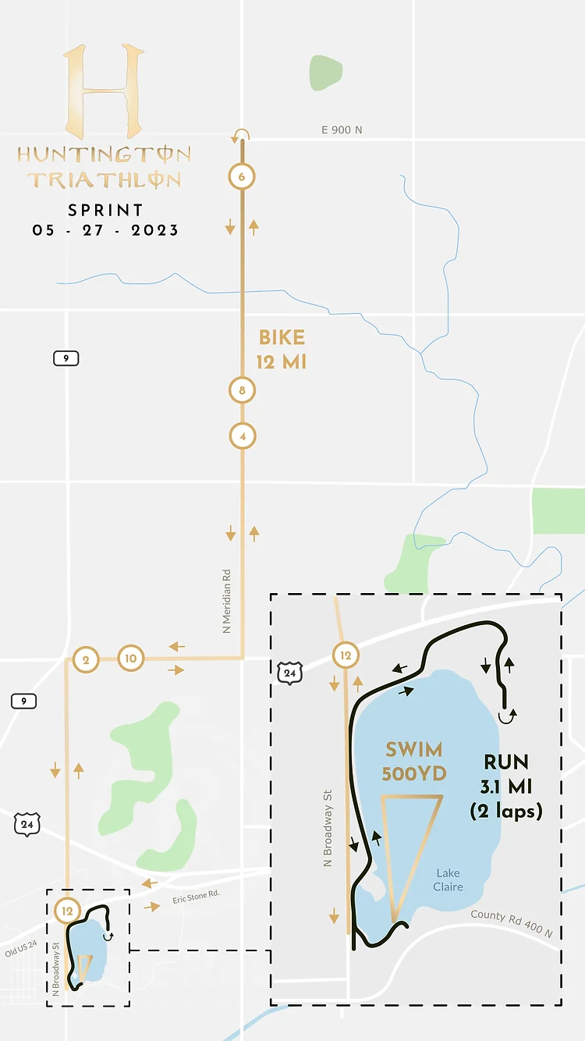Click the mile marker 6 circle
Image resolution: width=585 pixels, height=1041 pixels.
[242, 177]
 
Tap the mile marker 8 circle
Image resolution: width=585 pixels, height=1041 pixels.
[243, 390]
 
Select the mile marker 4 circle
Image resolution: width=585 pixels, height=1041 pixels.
[243, 435]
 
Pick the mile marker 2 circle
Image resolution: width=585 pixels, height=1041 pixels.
[85, 659]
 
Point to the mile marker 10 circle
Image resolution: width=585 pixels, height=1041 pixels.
[131, 659]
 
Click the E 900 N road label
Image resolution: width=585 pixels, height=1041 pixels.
[342, 130]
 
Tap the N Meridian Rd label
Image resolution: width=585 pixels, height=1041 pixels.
[227, 600]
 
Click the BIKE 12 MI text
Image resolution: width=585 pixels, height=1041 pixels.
[282, 350]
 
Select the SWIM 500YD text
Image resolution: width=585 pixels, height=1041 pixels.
[413, 762]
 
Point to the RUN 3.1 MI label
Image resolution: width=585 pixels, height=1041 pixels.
[505, 787]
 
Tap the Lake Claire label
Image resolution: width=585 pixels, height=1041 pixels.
[448, 879]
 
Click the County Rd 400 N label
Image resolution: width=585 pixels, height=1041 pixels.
[511, 924]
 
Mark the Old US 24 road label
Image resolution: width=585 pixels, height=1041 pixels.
[21, 947]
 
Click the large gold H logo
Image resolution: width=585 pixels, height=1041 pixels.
[104, 91]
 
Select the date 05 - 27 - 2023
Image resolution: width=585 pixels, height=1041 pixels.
[105, 230]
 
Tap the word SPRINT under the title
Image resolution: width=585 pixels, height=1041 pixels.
[105, 210]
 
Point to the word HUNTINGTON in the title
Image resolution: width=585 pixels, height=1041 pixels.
[104, 155]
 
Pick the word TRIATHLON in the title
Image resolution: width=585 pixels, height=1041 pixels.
[104, 179]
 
